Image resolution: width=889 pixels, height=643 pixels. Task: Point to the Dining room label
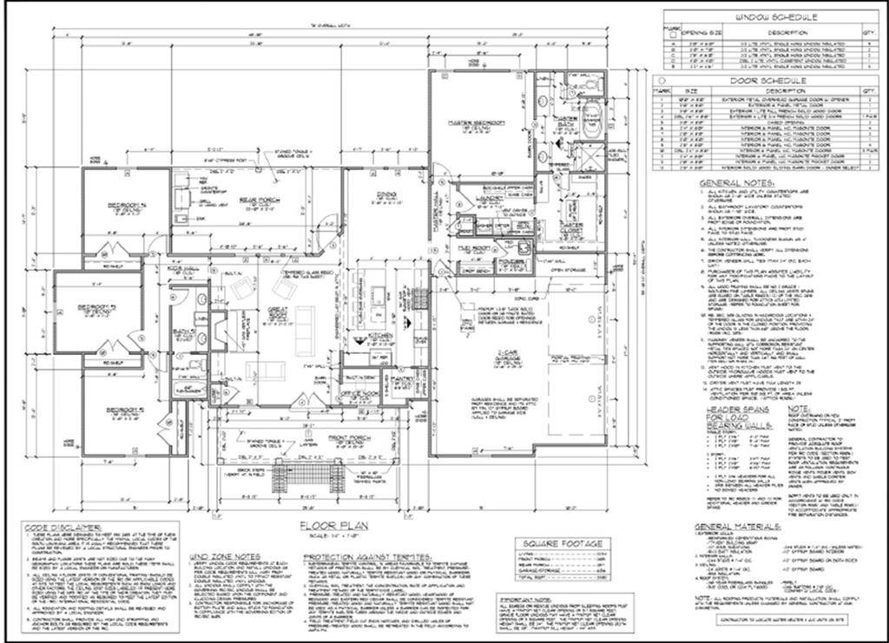tap(386, 196)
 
